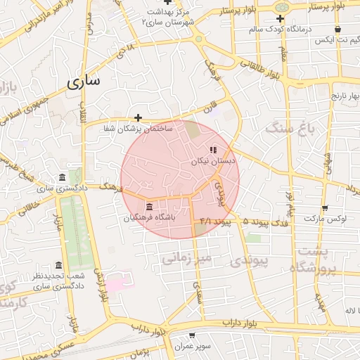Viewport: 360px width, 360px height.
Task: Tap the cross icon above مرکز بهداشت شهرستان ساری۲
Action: tap(167, 3)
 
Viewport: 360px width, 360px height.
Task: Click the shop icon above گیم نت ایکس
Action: tap(338, 30)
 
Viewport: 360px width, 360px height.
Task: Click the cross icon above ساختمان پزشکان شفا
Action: tap(139, 117)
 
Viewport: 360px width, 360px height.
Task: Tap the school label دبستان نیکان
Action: tap(214, 161)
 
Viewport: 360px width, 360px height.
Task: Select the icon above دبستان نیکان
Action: tap(213, 150)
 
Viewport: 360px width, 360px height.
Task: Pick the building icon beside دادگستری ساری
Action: tap(63, 176)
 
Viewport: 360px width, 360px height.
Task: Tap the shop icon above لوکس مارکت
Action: tap(324, 208)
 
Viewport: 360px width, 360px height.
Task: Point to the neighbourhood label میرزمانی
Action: tap(186, 258)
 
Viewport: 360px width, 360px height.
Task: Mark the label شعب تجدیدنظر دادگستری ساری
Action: tap(58, 281)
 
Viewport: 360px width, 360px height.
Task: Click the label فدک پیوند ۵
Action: tap(264, 221)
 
